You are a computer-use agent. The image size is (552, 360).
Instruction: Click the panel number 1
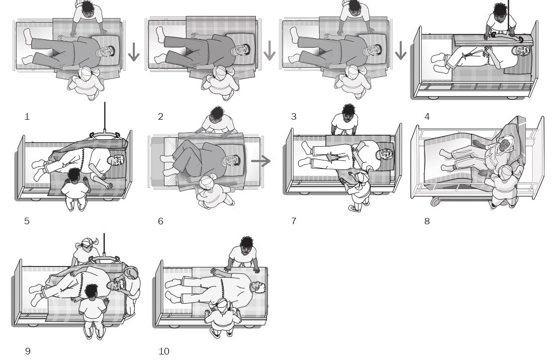27,117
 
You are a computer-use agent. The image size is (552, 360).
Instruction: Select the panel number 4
427,117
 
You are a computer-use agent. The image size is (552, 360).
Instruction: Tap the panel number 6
160,221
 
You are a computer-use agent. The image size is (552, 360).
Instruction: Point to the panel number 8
427,221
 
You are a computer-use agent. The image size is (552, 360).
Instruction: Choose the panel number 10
164,351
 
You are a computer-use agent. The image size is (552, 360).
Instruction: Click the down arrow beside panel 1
134,52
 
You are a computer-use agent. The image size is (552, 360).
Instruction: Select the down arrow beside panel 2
270,51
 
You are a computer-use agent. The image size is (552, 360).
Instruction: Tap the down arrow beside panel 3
401,51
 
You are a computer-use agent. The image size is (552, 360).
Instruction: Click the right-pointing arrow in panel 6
261,161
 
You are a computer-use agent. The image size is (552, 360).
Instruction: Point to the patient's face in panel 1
107,50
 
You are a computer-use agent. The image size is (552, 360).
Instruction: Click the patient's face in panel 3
375,50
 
